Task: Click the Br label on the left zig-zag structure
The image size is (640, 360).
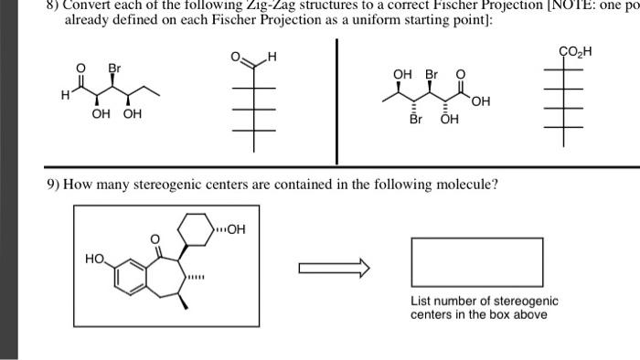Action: pyautogui.click(x=114, y=69)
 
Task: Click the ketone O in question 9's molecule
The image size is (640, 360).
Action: pyautogui.click(x=155, y=240)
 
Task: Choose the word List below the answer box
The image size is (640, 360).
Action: pyautogui.click(x=421, y=301)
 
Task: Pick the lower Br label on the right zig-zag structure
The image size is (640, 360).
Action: pyautogui.click(x=416, y=119)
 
